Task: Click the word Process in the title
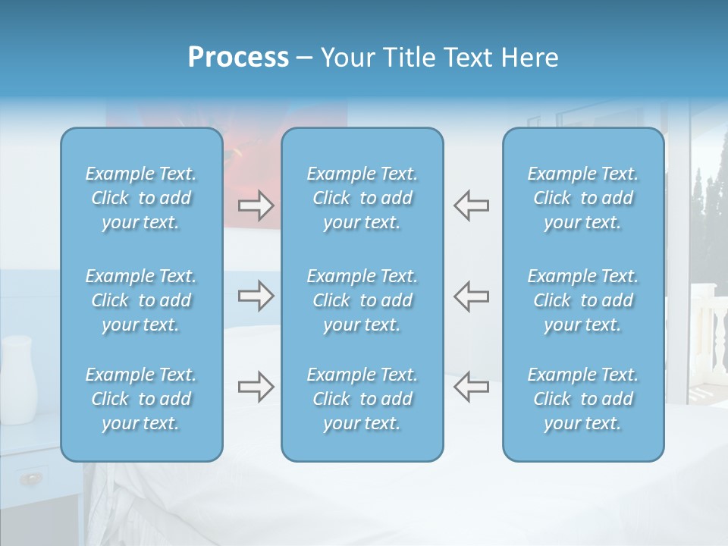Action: pos(238,58)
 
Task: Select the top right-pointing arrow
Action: pos(256,205)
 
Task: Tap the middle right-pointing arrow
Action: pos(256,295)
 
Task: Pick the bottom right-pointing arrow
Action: pos(256,387)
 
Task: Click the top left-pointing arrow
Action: pos(471,205)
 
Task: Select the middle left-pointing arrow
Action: pos(471,295)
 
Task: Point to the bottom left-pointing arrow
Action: pos(471,387)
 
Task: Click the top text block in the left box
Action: pos(141,198)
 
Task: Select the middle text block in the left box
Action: pos(141,300)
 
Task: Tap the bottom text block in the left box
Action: pos(141,399)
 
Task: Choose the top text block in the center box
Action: pos(362,198)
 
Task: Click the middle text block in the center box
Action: pos(362,300)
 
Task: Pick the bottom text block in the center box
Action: pos(362,399)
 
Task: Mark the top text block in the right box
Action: pos(583,198)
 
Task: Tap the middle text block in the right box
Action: pos(583,300)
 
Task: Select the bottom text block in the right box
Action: pos(583,399)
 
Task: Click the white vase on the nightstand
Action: pos(19,371)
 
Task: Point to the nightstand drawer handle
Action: pos(31,478)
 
